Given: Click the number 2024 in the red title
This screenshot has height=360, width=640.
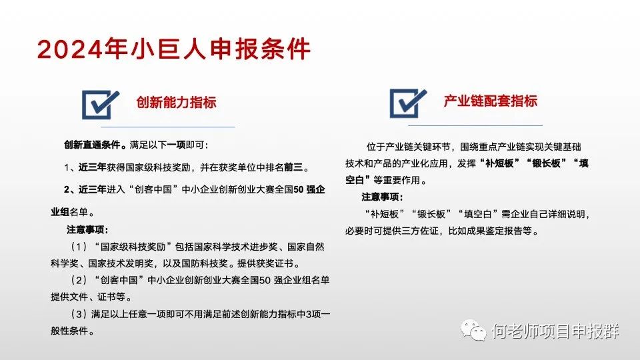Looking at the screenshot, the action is coord(69,49).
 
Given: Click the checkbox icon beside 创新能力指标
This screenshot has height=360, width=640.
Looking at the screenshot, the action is coord(101,105).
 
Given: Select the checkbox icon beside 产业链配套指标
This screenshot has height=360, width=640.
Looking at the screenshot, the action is coord(408,103).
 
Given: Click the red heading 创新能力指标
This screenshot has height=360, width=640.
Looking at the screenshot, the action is coord(176,102).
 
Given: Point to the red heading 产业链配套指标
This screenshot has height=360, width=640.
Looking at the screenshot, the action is coord(491,101).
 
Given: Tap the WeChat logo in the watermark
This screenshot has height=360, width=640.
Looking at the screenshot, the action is coord(473,330).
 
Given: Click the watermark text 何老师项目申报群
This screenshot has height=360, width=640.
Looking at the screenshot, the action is coord(555,331).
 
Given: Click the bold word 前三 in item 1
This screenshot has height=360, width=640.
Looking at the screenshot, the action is coord(293,167).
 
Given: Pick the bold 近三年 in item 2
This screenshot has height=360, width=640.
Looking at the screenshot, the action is coord(92,190).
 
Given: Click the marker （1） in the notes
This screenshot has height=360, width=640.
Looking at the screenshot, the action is coord(79,247).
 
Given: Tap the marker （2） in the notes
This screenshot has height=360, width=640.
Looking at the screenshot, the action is coord(79,281).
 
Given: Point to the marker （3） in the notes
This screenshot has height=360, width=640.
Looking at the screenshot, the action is coord(79,314).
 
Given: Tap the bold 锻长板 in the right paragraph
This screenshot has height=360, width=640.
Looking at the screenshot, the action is coord(547,163).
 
